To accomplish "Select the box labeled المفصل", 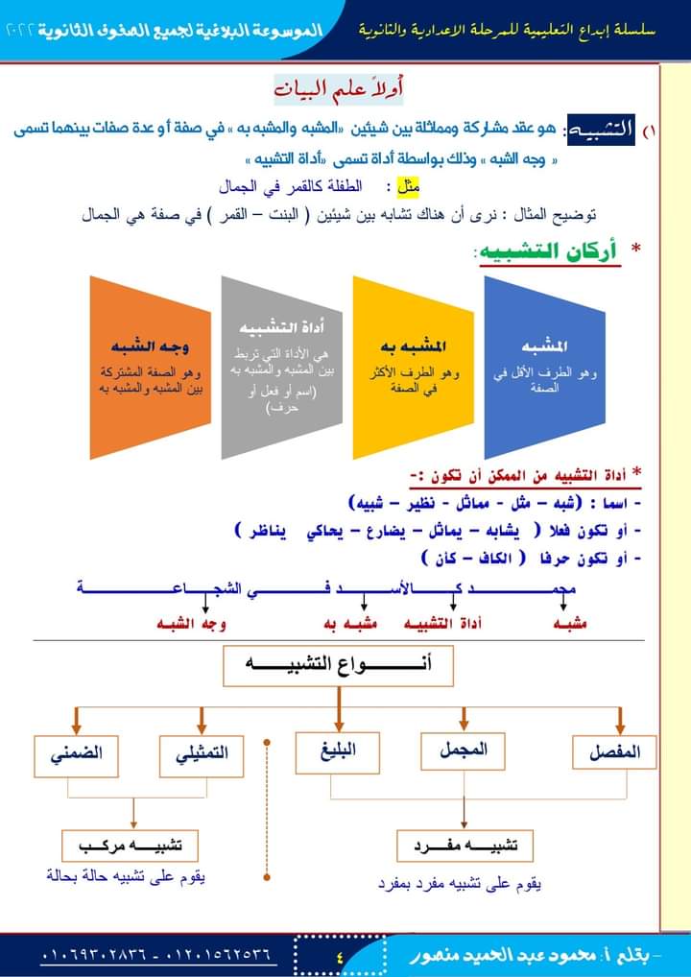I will [614, 752].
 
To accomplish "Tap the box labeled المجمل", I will [463, 750].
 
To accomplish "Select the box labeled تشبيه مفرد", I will [465, 846].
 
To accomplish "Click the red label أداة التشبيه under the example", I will [441, 624].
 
